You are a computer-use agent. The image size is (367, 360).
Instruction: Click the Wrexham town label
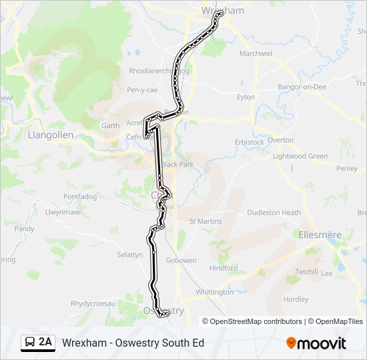(x=223, y=11)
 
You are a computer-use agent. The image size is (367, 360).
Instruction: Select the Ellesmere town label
(x=318, y=235)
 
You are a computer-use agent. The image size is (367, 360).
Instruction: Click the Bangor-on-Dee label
(x=302, y=87)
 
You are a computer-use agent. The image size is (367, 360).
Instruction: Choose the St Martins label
(x=205, y=221)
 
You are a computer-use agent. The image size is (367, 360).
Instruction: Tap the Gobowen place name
(x=181, y=261)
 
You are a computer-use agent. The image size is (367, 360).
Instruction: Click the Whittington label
(x=215, y=292)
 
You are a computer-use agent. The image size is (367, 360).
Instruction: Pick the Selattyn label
(x=130, y=255)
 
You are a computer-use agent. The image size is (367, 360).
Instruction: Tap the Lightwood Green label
(x=300, y=156)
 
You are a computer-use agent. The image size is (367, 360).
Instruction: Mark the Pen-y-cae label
(x=141, y=89)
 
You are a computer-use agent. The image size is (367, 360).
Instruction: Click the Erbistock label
(x=250, y=142)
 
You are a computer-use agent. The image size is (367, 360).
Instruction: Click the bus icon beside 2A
(x=30, y=343)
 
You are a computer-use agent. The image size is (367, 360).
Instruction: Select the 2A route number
(x=45, y=343)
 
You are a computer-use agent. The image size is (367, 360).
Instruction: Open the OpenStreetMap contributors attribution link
(x=256, y=321)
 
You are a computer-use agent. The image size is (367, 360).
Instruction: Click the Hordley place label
(x=296, y=299)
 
